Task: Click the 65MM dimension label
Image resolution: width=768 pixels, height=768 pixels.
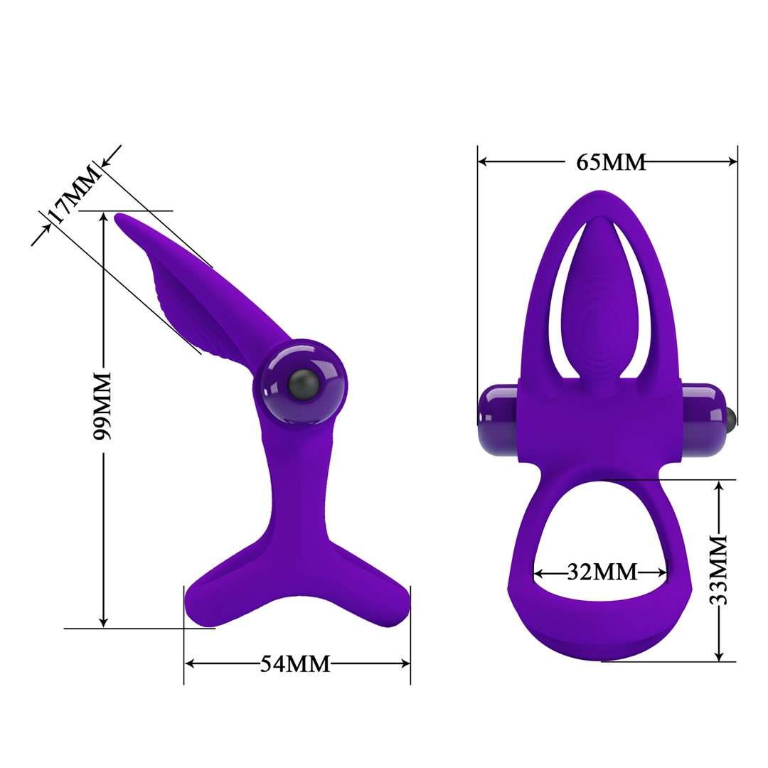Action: click(x=611, y=162)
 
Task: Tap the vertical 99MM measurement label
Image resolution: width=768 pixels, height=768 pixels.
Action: click(x=103, y=405)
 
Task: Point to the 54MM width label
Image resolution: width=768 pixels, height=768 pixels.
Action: click(x=295, y=663)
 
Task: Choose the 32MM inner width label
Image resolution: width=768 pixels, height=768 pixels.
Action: click(x=602, y=572)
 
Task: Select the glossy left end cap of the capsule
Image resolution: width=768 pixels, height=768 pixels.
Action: click(x=498, y=420)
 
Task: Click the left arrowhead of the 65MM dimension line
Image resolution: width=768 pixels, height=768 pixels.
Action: click(x=483, y=162)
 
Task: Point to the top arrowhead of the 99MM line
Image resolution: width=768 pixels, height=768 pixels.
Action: click(x=104, y=218)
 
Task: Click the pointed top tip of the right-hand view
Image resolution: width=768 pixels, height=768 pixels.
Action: click(x=602, y=192)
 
